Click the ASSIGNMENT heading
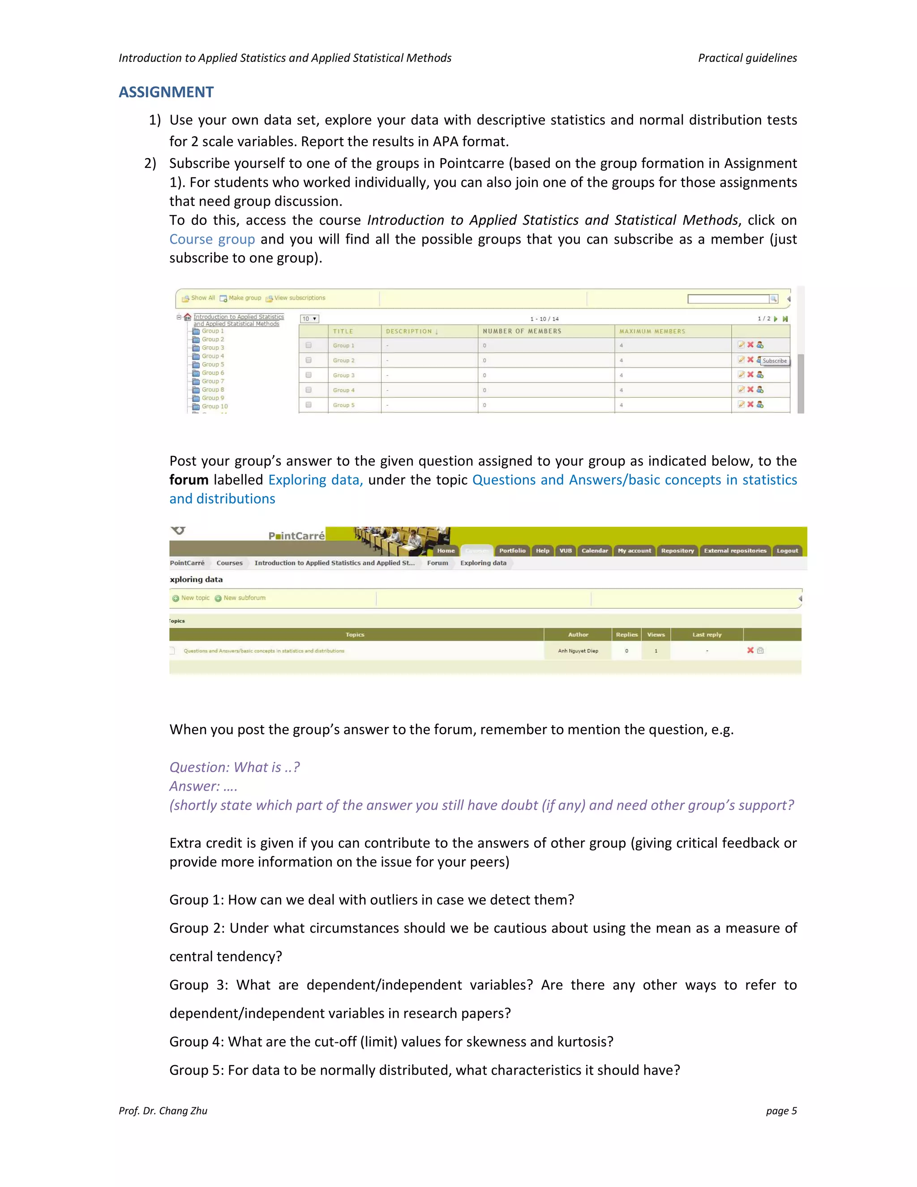click(166, 92)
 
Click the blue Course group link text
click(212, 239)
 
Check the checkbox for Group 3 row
click(309, 375)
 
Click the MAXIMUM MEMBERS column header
click(652, 331)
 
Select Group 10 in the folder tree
click(214, 406)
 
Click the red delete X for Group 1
click(750, 344)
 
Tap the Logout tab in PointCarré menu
click(787, 550)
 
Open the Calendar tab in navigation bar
click(594, 550)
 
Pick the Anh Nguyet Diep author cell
click(578, 650)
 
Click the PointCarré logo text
click(296, 536)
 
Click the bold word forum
click(189, 480)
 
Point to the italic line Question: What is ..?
click(234, 767)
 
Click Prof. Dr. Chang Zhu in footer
click(163, 1111)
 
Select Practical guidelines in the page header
click(747, 58)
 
